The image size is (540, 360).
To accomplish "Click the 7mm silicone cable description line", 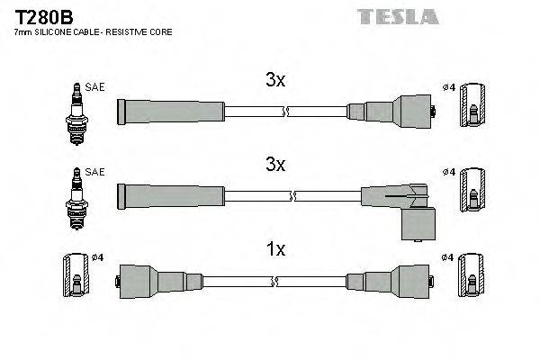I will click(x=94, y=33).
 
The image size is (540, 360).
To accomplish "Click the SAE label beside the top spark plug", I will click(x=94, y=87).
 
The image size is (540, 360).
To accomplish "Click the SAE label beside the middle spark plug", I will click(x=94, y=172).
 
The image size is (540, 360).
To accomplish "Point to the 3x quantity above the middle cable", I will click(x=275, y=166).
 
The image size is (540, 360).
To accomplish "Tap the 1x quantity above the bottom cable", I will click(x=275, y=249).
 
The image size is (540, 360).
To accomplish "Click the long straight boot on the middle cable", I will click(x=170, y=194).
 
